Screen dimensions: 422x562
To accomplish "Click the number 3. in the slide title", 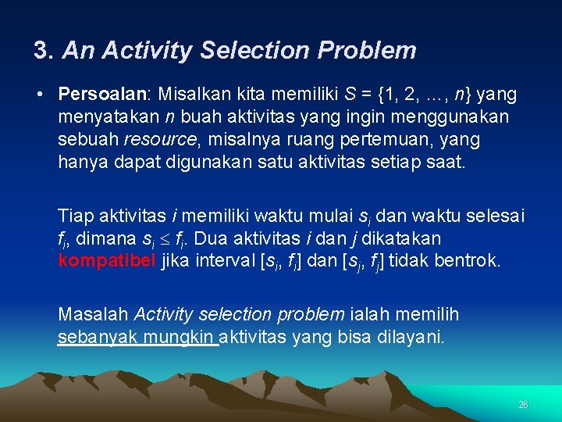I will point(44,51).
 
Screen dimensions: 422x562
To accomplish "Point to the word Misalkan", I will point(190,95).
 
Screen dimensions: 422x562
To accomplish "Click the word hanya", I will point(80,163).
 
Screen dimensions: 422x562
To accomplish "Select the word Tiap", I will point(74,215).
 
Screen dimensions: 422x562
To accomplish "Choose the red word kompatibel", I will point(107,260).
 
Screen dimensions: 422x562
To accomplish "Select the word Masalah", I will point(93,314).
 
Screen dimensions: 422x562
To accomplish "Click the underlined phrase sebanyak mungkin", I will point(137,337).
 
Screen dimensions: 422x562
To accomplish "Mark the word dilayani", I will point(414,337).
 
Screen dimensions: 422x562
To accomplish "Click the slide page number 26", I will point(523,405).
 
